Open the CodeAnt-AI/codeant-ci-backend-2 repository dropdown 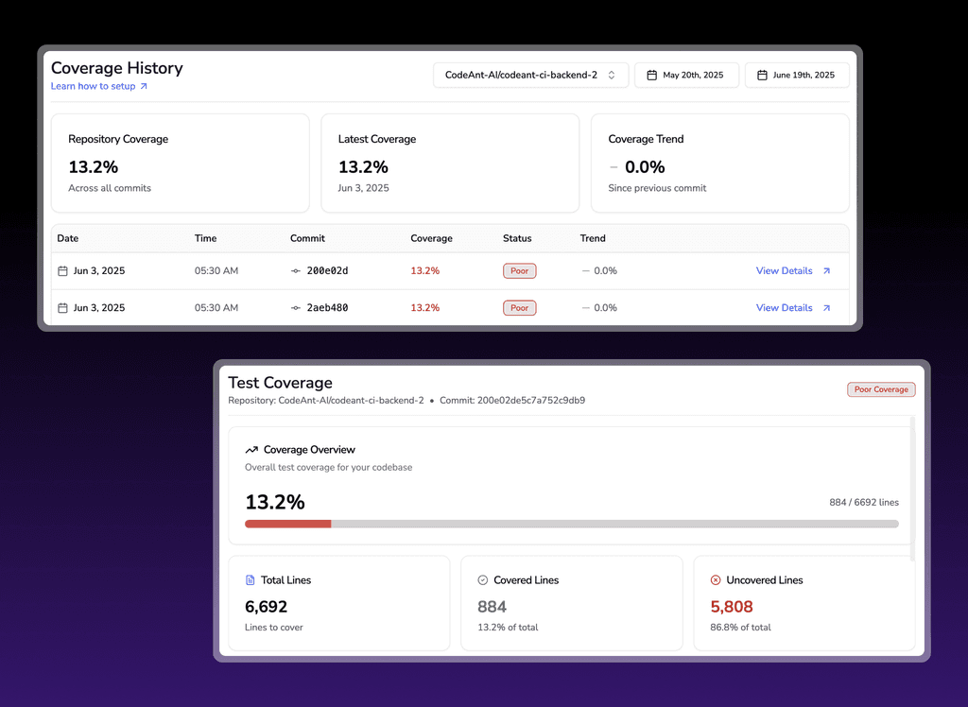click(x=531, y=75)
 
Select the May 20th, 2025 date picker click(x=686, y=75)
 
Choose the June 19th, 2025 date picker click(x=797, y=75)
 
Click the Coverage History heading click(x=116, y=68)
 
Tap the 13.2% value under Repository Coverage click(x=94, y=166)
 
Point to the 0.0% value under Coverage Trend click(x=645, y=166)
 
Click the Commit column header click(x=307, y=238)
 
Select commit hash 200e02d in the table click(x=327, y=270)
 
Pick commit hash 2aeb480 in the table click(x=327, y=307)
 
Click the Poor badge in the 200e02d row click(x=519, y=270)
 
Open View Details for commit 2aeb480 click(x=793, y=307)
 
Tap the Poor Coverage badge click(x=881, y=389)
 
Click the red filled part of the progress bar click(x=287, y=524)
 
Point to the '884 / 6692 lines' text click(x=864, y=502)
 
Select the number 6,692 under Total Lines click(x=266, y=607)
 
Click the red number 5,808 click(x=732, y=607)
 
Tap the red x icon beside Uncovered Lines click(x=716, y=579)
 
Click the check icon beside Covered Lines click(x=483, y=579)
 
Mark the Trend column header click(x=593, y=238)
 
